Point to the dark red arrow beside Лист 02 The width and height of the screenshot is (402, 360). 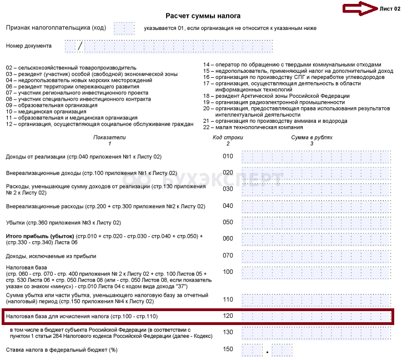359,8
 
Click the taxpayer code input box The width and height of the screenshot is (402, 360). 124,27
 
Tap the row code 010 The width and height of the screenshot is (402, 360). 228,156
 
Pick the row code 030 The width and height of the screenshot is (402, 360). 228,189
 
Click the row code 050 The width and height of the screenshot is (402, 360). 228,223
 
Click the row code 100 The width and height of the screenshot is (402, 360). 228,272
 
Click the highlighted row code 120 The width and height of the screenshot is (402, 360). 228,316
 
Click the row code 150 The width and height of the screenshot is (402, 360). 228,349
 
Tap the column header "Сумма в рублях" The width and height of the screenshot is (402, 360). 311,137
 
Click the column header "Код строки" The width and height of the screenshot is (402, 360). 228,137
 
